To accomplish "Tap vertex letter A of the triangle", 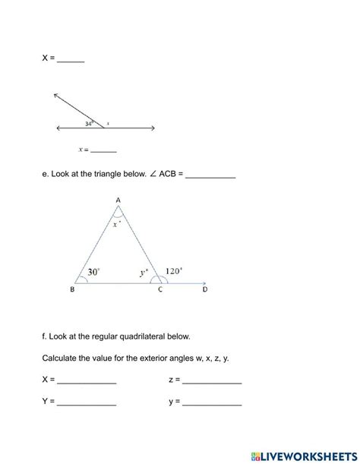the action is (118, 200).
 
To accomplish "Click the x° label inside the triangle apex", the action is (116, 224).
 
